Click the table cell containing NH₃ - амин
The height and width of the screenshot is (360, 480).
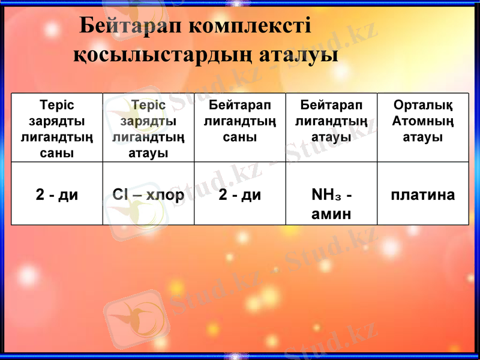pyautogui.click(x=331, y=204)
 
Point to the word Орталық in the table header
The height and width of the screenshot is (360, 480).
pyautogui.click(x=423, y=106)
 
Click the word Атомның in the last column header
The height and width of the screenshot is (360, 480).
pyautogui.click(x=423, y=121)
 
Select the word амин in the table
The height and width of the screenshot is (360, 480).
pyautogui.click(x=331, y=213)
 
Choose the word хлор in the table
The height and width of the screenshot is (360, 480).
pyautogui.click(x=165, y=195)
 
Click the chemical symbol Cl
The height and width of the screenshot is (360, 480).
pyautogui.click(x=119, y=195)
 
